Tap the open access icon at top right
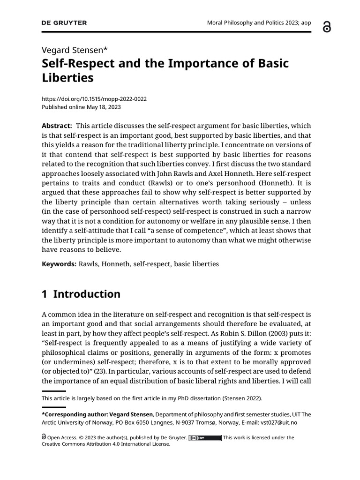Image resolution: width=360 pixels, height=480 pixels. tap(327, 27)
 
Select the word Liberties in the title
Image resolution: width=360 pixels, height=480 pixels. tap(68, 78)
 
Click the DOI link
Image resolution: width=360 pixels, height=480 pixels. tap(94, 99)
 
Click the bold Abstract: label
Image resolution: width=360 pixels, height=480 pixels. tap(57, 126)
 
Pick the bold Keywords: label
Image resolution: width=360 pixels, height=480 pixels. tap(59, 264)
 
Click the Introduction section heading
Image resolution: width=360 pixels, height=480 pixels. tap(87, 294)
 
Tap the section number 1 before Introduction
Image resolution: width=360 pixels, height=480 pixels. tap(45, 294)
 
